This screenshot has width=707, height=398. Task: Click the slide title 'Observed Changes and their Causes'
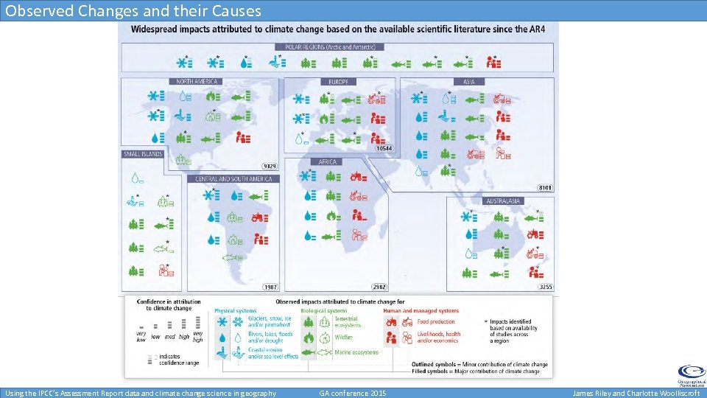pos(133,10)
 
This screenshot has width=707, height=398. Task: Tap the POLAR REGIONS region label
pos(329,47)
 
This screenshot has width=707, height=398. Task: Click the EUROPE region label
pos(339,81)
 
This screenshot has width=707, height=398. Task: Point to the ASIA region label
pos(469,81)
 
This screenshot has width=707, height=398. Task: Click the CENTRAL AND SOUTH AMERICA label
pos(233,178)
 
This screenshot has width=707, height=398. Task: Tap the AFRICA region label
pos(328,161)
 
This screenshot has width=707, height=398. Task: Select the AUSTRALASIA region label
pos(503,200)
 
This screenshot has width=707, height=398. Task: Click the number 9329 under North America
pos(270,166)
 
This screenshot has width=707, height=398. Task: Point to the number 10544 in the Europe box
pos(384,148)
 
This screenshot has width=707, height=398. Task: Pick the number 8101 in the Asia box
pos(545,188)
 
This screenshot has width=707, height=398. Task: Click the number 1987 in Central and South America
pos(270,287)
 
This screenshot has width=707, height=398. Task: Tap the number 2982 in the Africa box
pos(379,287)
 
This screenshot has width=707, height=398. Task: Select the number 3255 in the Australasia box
pos(545,287)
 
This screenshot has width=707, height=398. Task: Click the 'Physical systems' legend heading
pos(236,310)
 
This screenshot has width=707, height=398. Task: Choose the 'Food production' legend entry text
pos(435,321)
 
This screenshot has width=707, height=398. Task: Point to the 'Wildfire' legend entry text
pos(343,338)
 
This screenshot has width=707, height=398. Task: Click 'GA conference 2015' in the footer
pos(352,394)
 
